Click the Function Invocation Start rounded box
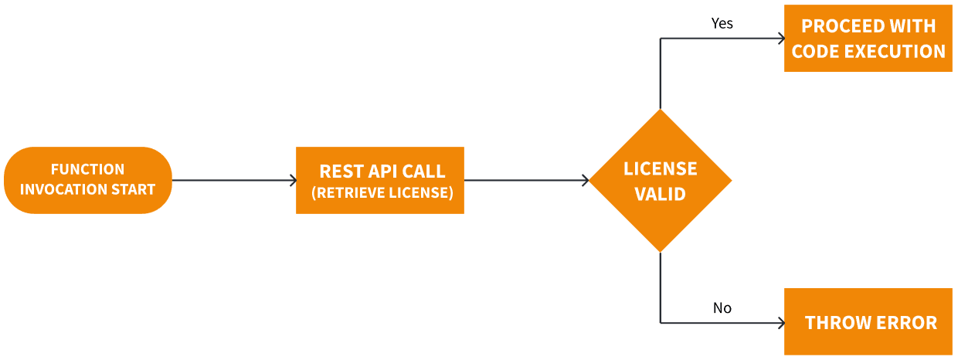(87, 180)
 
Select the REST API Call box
(380, 180)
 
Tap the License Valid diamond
(660, 181)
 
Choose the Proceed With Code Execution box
(868, 39)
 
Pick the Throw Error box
(868, 321)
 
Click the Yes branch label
(722, 24)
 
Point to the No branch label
(722, 308)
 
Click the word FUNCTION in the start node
(87, 169)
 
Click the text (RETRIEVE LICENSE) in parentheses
(382, 192)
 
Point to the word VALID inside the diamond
(660, 194)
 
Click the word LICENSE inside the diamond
(660, 169)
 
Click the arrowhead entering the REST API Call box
(293, 181)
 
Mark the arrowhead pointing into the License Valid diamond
(586, 181)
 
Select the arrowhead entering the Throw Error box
(780, 322)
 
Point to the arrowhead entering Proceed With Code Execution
(780, 39)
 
